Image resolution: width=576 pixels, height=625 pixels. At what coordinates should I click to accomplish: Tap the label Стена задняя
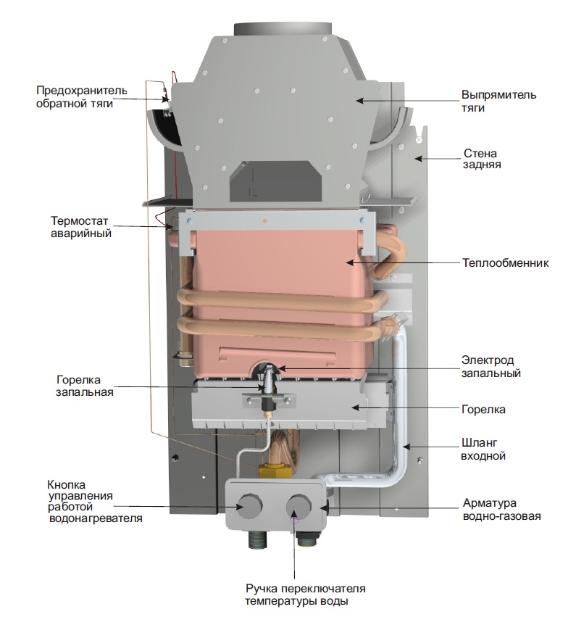click(482, 159)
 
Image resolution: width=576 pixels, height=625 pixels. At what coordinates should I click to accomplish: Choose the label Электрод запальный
click(491, 366)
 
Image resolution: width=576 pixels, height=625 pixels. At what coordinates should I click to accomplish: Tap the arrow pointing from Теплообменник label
click(399, 262)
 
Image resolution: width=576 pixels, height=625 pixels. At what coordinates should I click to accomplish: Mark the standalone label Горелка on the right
click(483, 410)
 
